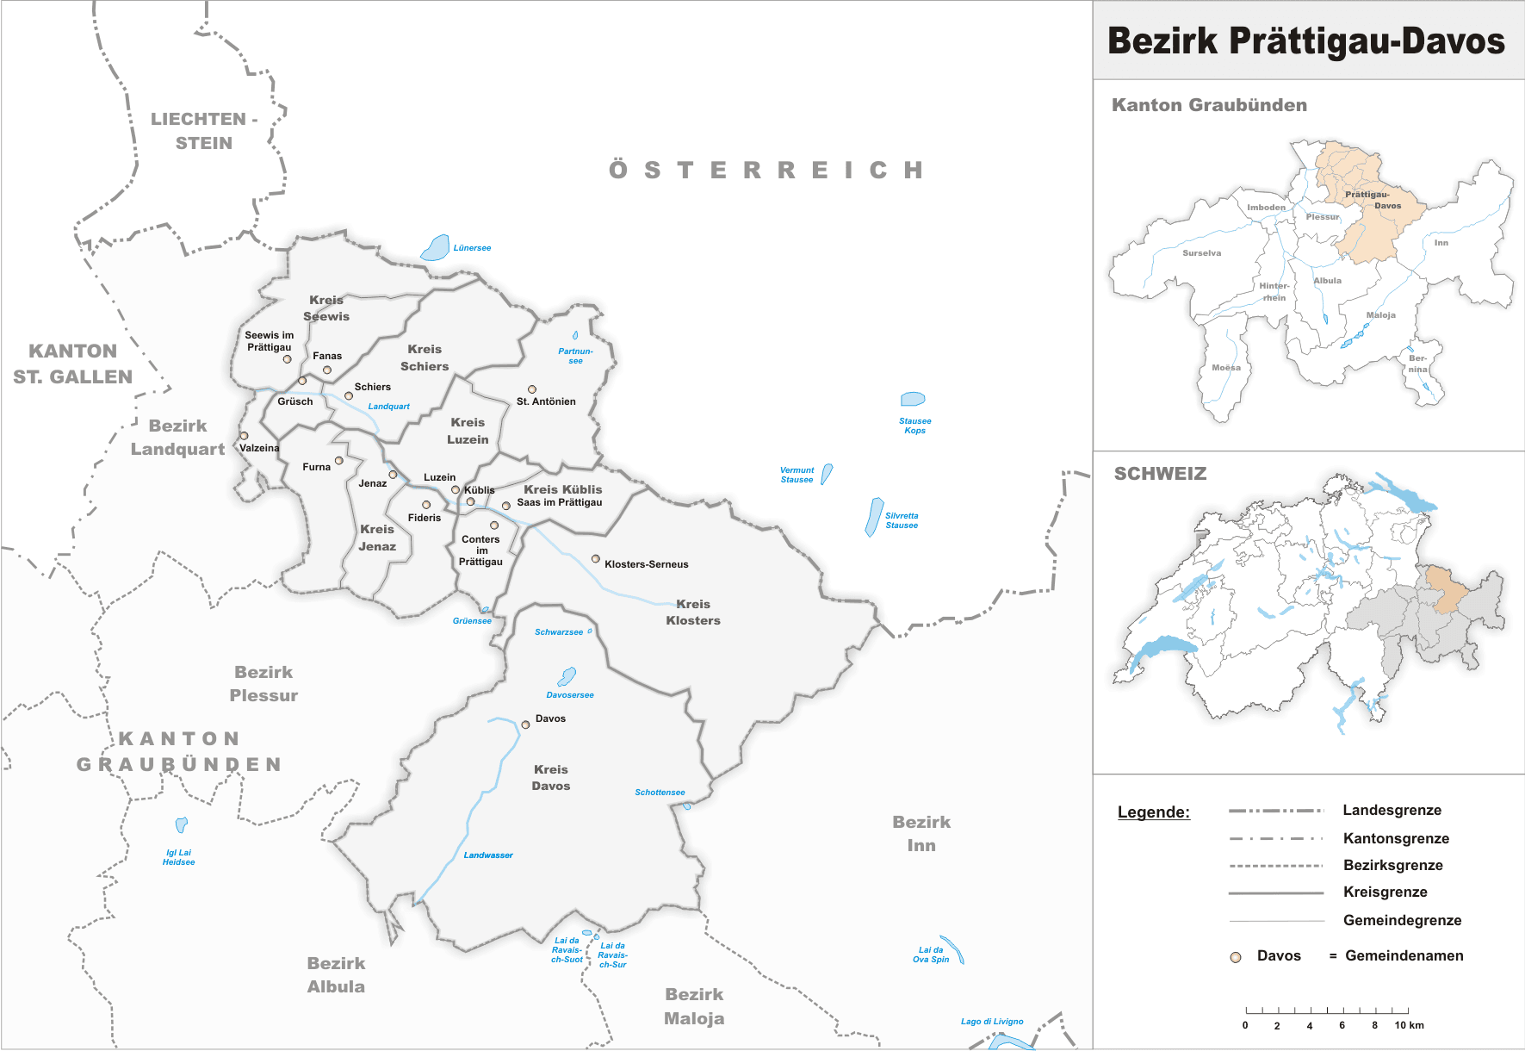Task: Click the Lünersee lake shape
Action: (436, 248)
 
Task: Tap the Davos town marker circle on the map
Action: (525, 725)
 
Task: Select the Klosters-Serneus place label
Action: (646, 564)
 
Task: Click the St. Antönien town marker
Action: (532, 389)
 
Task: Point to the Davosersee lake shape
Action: (567, 676)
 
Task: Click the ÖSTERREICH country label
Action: (766, 170)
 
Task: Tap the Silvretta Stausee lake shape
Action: (874, 517)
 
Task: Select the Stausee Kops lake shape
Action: (912, 399)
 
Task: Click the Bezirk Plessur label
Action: (263, 683)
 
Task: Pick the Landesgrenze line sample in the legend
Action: (1275, 811)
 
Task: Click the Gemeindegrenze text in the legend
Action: (1402, 920)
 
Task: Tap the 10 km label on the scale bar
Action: (1409, 1025)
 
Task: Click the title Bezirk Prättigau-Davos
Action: (1305, 40)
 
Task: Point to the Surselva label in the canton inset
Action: (1201, 253)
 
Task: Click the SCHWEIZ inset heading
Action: (1160, 474)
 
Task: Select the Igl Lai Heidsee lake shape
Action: (181, 824)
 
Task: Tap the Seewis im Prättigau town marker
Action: (288, 359)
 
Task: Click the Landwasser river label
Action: (488, 855)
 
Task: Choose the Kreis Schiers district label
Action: (425, 358)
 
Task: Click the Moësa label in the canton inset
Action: (1226, 368)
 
